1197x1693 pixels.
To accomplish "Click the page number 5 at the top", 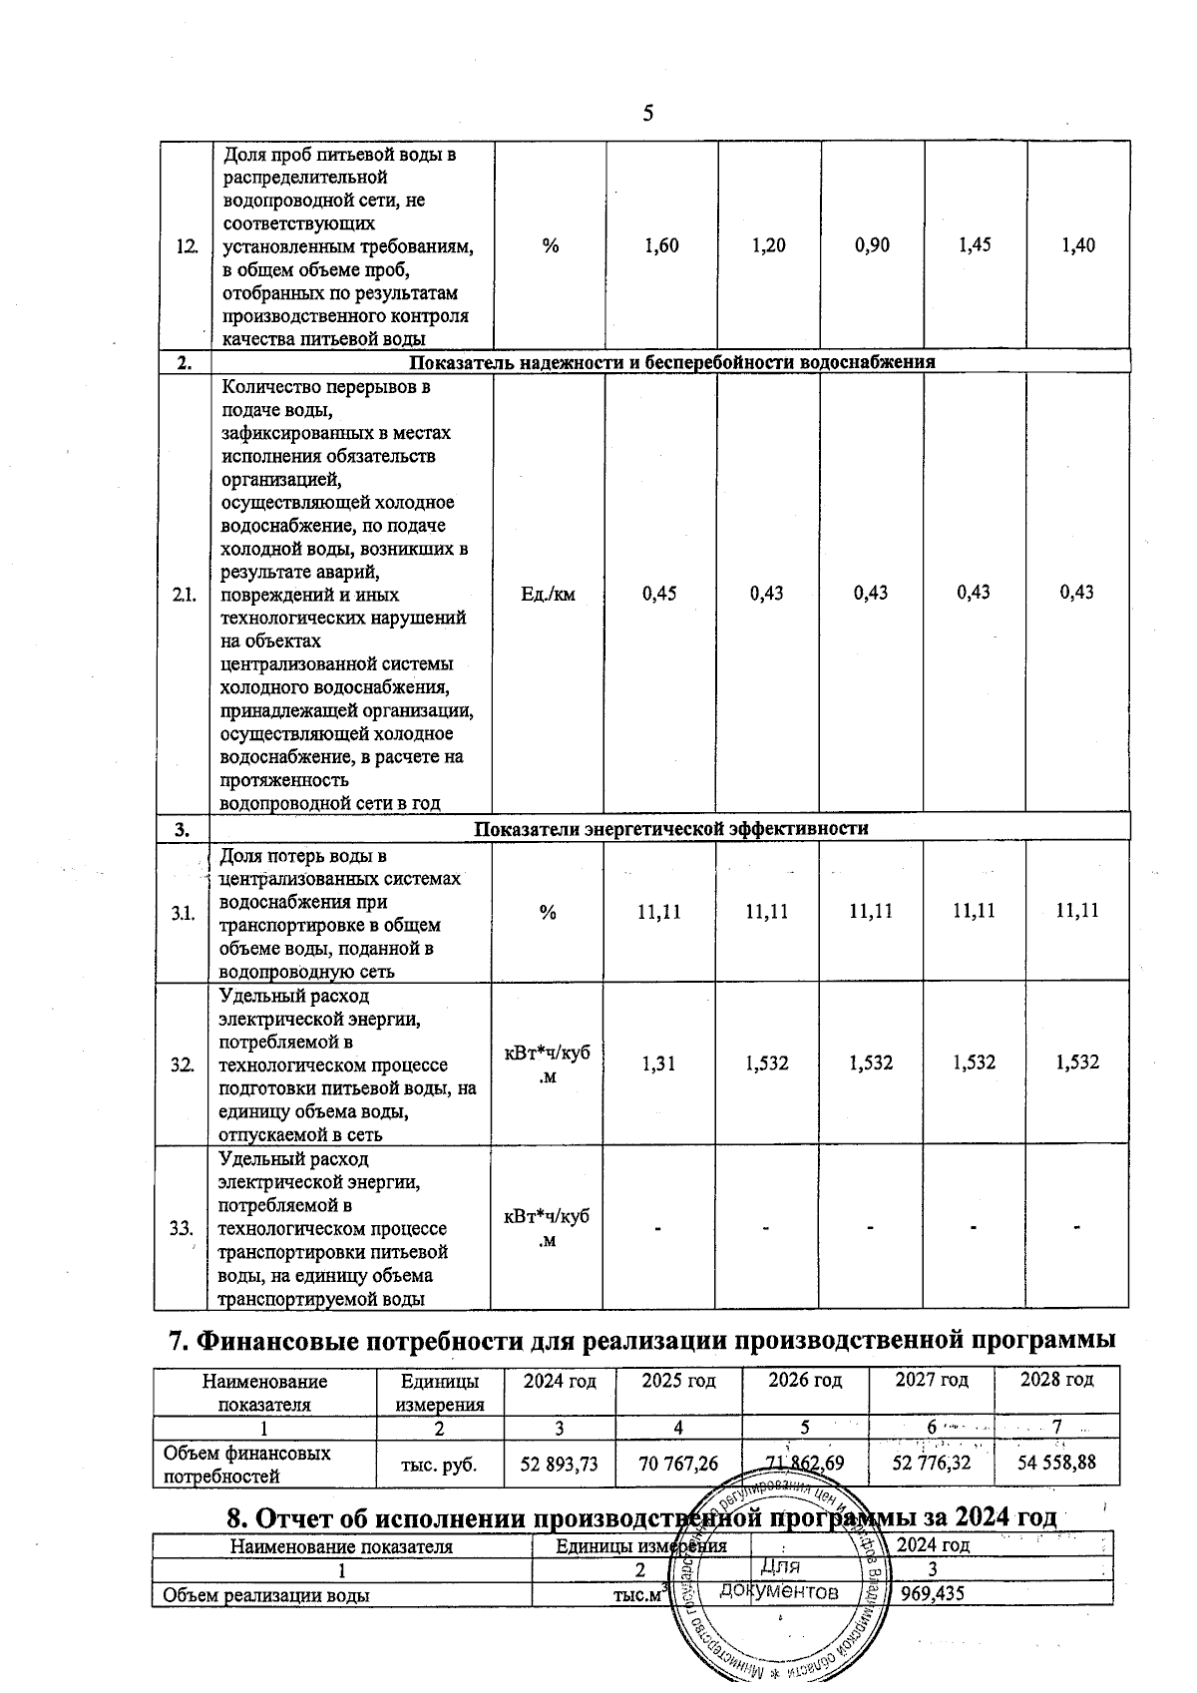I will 648,113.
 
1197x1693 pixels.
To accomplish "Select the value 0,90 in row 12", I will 873,245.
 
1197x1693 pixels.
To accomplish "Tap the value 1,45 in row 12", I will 975,244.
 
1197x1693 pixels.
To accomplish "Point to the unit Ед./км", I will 549,595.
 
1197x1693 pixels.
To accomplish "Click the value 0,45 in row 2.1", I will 659,594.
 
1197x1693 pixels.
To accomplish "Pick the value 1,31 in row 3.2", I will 658,1063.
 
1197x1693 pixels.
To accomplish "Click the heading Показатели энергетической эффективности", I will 670,828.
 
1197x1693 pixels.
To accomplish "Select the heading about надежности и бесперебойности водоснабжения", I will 672,362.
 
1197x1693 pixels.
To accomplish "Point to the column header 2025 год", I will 678,1381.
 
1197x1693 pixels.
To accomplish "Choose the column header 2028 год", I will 1056,1381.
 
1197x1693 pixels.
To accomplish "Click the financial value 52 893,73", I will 560,1464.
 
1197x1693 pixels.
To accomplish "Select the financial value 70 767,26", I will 678,1464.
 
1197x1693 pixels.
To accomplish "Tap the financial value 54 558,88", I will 1056,1463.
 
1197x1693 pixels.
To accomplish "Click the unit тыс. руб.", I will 439,1465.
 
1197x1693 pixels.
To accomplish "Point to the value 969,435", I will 932,1594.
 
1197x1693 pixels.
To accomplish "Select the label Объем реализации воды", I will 266,1595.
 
